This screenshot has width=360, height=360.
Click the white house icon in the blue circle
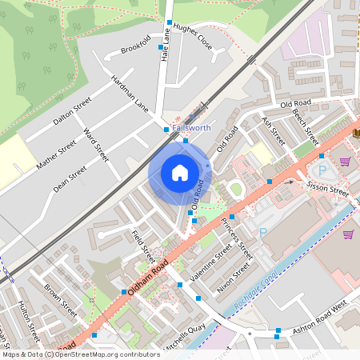tap(180, 172)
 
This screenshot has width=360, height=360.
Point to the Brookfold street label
tap(136, 46)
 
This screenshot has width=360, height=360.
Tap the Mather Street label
tap(56, 153)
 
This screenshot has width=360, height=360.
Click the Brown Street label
tap(61, 299)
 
